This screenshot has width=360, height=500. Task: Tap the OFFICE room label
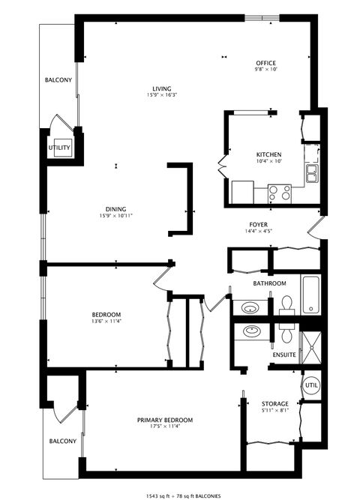point(266,63)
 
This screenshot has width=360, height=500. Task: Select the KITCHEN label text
point(268,154)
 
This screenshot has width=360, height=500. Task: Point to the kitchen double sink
point(312,174)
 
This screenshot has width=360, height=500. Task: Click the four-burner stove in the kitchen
point(280,193)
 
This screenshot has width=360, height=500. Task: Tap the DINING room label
point(115,209)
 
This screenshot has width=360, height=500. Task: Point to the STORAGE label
point(274,403)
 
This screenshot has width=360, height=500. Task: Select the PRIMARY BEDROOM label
point(164,419)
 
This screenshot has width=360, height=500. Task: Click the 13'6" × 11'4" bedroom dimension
point(106,322)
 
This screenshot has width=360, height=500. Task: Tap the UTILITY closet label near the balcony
point(60,148)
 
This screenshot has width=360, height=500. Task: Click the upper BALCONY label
point(58,80)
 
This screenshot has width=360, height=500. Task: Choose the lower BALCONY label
point(62,441)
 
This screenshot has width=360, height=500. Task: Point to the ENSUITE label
point(284,354)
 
